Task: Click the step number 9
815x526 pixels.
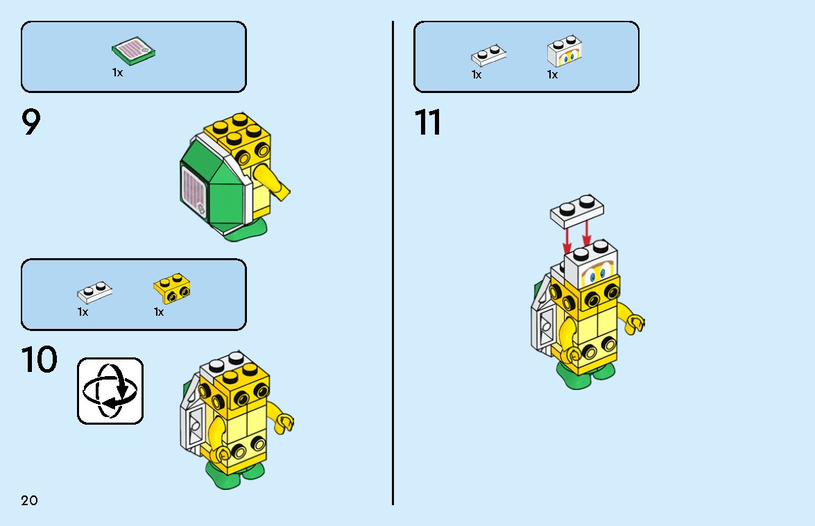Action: pos(32,123)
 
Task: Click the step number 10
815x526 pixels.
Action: pos(39,360)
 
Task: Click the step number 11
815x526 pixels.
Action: pos(428,123)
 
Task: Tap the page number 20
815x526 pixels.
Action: pos(29,500)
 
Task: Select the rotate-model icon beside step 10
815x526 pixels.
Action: pos(110,391)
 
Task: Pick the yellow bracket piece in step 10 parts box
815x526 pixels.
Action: pos(171,288)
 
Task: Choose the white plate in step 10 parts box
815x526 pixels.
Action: pos(95,291)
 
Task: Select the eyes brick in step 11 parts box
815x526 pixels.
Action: pos(565,51)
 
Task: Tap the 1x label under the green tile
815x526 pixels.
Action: pos(117,72)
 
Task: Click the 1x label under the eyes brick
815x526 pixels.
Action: pos(552,75)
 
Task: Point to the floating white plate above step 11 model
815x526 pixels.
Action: pos(577,210)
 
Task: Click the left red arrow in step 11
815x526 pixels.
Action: pos(567,240)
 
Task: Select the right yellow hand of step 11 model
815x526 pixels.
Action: pos(634,323)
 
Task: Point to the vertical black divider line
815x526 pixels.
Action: pos(393,264)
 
